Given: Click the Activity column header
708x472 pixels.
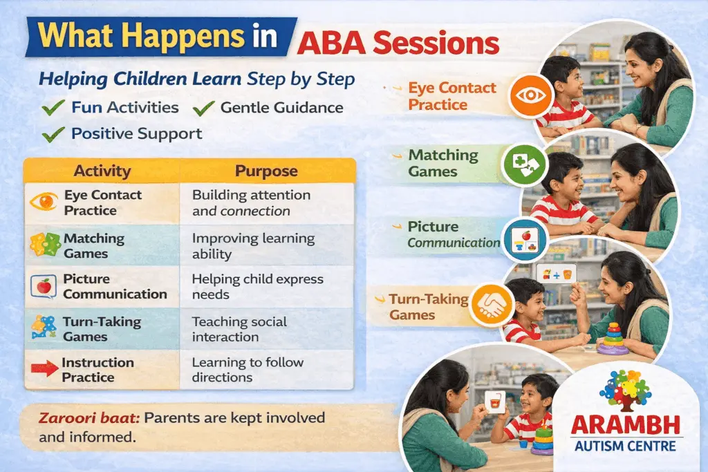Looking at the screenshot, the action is pyautogui.click(x=102, y=171).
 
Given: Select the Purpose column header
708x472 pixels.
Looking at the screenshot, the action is pyautogui.click(x=266, y=171).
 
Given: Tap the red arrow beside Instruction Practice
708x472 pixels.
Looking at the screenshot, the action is pyautogui.click(x=44, y=368).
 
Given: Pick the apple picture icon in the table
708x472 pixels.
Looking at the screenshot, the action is pyautogui.click(x=44, y=287).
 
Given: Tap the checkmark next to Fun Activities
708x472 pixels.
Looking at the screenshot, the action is pyautogui.click(x=53, y=108).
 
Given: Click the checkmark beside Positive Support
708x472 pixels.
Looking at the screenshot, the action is pyautogui.click(x=53, y=135).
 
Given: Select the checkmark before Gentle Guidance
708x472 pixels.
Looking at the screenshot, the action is pyautogui.click(x=204, y=108).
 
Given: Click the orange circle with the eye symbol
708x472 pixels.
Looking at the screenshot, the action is pyautogui.click(x=530, y=95).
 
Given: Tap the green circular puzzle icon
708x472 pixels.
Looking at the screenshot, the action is pyautogui.click(x=524, y=165).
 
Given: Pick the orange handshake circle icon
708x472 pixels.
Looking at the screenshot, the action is pyautogui.click(x=492, y=305).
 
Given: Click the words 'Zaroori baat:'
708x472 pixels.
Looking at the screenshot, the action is pyautogui.click(x=89, y=418).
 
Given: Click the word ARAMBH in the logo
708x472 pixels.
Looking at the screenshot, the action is pyautogui.click(x=625, y=426).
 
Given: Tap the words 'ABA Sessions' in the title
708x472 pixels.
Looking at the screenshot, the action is pyautogui.click(x=398, y=44).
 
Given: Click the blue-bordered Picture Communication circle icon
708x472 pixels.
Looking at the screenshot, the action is pyautogui.click(x=525, y=240).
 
